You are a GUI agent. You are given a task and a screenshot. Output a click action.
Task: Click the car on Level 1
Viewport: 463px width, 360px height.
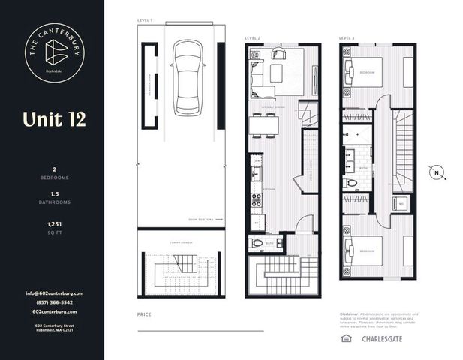(x=187, y=77)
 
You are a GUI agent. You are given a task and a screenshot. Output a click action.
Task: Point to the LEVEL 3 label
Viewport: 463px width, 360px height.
(x=346, y=37)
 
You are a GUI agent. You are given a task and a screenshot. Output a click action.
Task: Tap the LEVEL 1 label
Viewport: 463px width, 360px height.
(x=145, y=19)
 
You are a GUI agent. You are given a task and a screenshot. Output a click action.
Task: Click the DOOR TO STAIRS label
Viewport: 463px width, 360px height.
(x=202, y=220)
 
